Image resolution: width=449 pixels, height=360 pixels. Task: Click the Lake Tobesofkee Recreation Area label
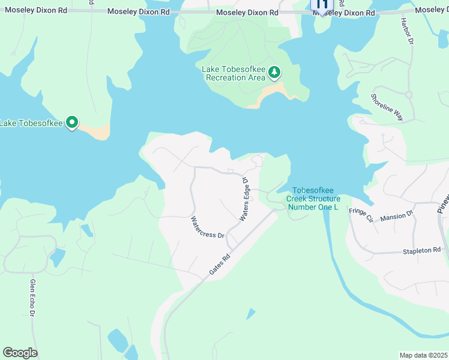pyautogui.click(x=234, y=74)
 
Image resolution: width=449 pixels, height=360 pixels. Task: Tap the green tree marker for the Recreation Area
pyautogui.click(x=274, y=73)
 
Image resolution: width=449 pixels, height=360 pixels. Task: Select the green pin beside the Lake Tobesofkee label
pyautogui.click(x=72, y=123)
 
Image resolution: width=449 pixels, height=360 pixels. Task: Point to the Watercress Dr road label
pyautogui.click(x=207, y=227)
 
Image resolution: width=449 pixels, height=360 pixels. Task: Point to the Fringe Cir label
pyautogui.click(x=361, y=214)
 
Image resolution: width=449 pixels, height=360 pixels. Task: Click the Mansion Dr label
pyautogui.click(x=397, y=214)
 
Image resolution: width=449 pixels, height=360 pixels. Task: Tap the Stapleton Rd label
pyautogui.click(x=421, y=250)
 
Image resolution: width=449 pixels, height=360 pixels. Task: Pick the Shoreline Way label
pyautogui.click(x=387, y=107)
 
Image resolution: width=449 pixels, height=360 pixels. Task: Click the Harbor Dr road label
pyautogui.click(x=407, y=31)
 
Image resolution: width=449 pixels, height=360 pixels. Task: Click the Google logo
pyautogui.click(x=20, y=352)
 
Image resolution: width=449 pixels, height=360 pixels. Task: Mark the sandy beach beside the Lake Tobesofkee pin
pyautogui.click(x=96, y=130)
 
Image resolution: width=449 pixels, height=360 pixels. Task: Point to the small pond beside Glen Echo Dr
pyautogui.click(x=58, y=257)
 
